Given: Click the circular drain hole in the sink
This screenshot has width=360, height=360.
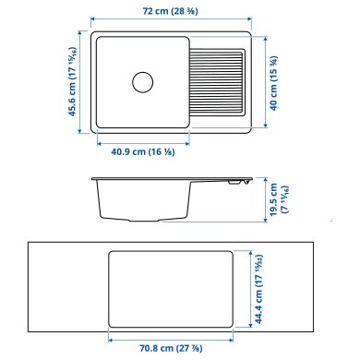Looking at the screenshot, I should click(142, 81).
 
